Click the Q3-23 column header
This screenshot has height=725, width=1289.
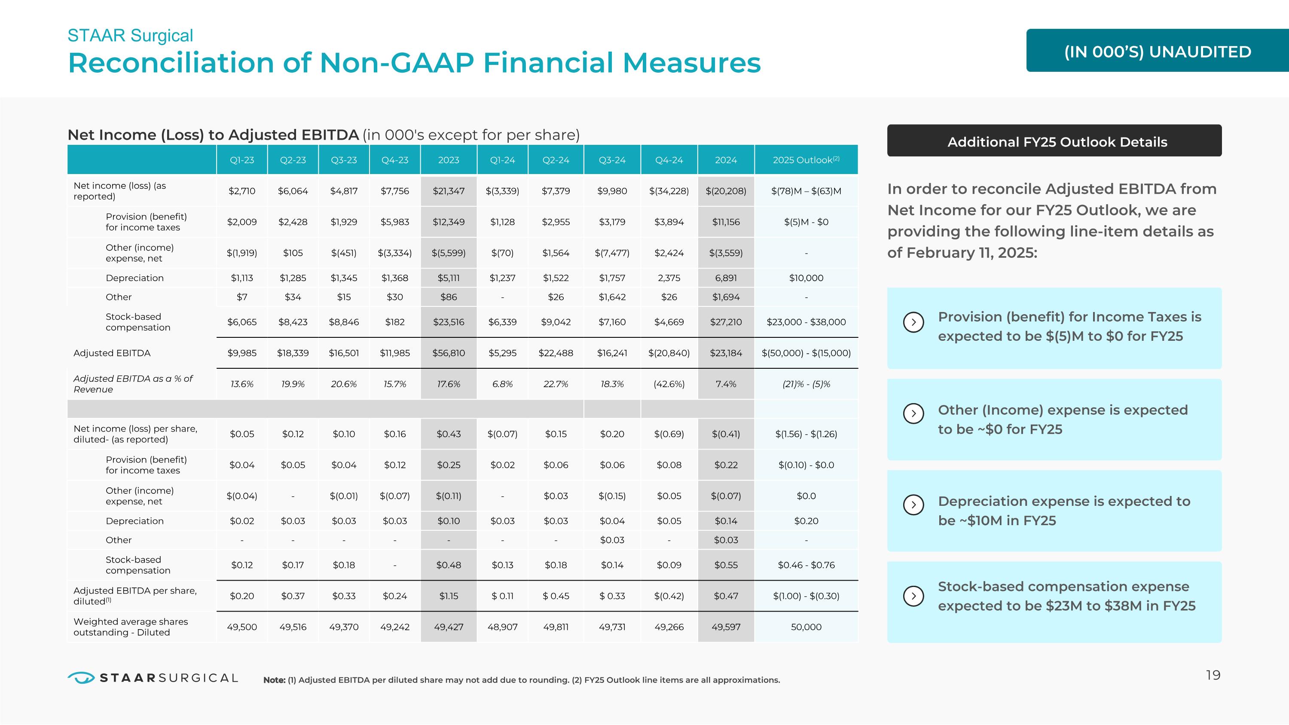(344, 160)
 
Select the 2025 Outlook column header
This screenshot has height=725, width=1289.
(806, 160)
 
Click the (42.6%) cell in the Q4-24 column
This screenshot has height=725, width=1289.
(669, 384)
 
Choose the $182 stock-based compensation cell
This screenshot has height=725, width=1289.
(395, 322)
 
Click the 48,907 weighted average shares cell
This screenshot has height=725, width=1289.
(502, 627)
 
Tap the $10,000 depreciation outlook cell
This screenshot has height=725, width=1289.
(806, 278)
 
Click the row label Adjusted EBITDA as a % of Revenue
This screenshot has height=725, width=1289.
(133, 384)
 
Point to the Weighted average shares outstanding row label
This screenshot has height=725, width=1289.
(131, 627)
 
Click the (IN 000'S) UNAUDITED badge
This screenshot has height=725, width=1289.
(1158, 51)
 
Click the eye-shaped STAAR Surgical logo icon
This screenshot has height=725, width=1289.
(81, 677)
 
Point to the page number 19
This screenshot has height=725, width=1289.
(1213, 676)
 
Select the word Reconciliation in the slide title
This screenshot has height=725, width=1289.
(171, 63)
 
